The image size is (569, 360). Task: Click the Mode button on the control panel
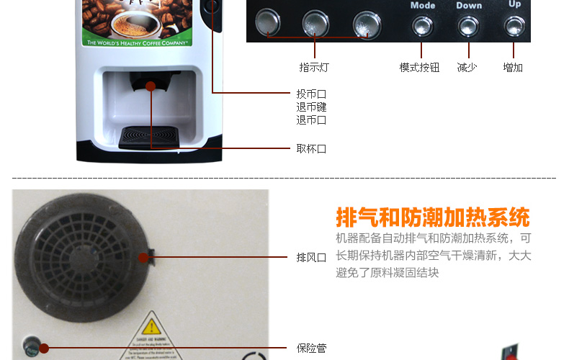pos(423,27)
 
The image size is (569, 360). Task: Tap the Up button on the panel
pos(514,27)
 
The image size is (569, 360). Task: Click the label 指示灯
pos(314,68)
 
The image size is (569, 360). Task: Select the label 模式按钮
pos(419,68)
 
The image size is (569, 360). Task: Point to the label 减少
pos(467,68)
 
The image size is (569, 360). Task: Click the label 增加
pos(513,68)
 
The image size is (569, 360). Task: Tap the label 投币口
pos(311,94)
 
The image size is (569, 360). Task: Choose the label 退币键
pos(311,107)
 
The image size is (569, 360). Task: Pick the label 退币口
pos(311,120)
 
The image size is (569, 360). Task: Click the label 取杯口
pos(311,149)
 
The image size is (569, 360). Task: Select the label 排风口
pos(311,257)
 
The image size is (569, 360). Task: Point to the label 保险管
pos(311,348)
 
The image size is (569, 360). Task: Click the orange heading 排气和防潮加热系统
pos(432,217)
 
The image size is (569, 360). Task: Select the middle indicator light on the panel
pos(315,24)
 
